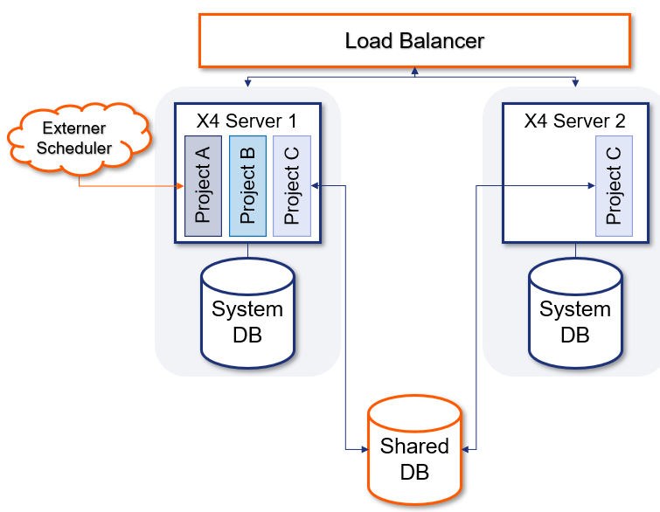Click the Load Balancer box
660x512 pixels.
coord(414,40)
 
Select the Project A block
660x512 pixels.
coord(203,185)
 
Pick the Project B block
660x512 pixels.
coord(247,185)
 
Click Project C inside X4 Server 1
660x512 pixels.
coord(292,185)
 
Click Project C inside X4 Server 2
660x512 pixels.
coord(614,185)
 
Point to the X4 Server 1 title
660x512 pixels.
coord(247,121)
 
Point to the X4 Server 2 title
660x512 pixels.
coord(574,121)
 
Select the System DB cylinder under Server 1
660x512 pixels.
coord(247,315)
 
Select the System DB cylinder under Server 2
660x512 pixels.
coord(575,315)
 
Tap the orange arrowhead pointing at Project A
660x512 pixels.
coord(180,185)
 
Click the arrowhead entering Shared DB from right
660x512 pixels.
coord(466,449)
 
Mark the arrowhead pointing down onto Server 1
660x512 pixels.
coord(248,84)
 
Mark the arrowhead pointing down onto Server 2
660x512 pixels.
coord(575,84)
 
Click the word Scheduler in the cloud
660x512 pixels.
coord(80,149)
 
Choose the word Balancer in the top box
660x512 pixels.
coord(444,40)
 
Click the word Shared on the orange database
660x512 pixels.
coord(414,446)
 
